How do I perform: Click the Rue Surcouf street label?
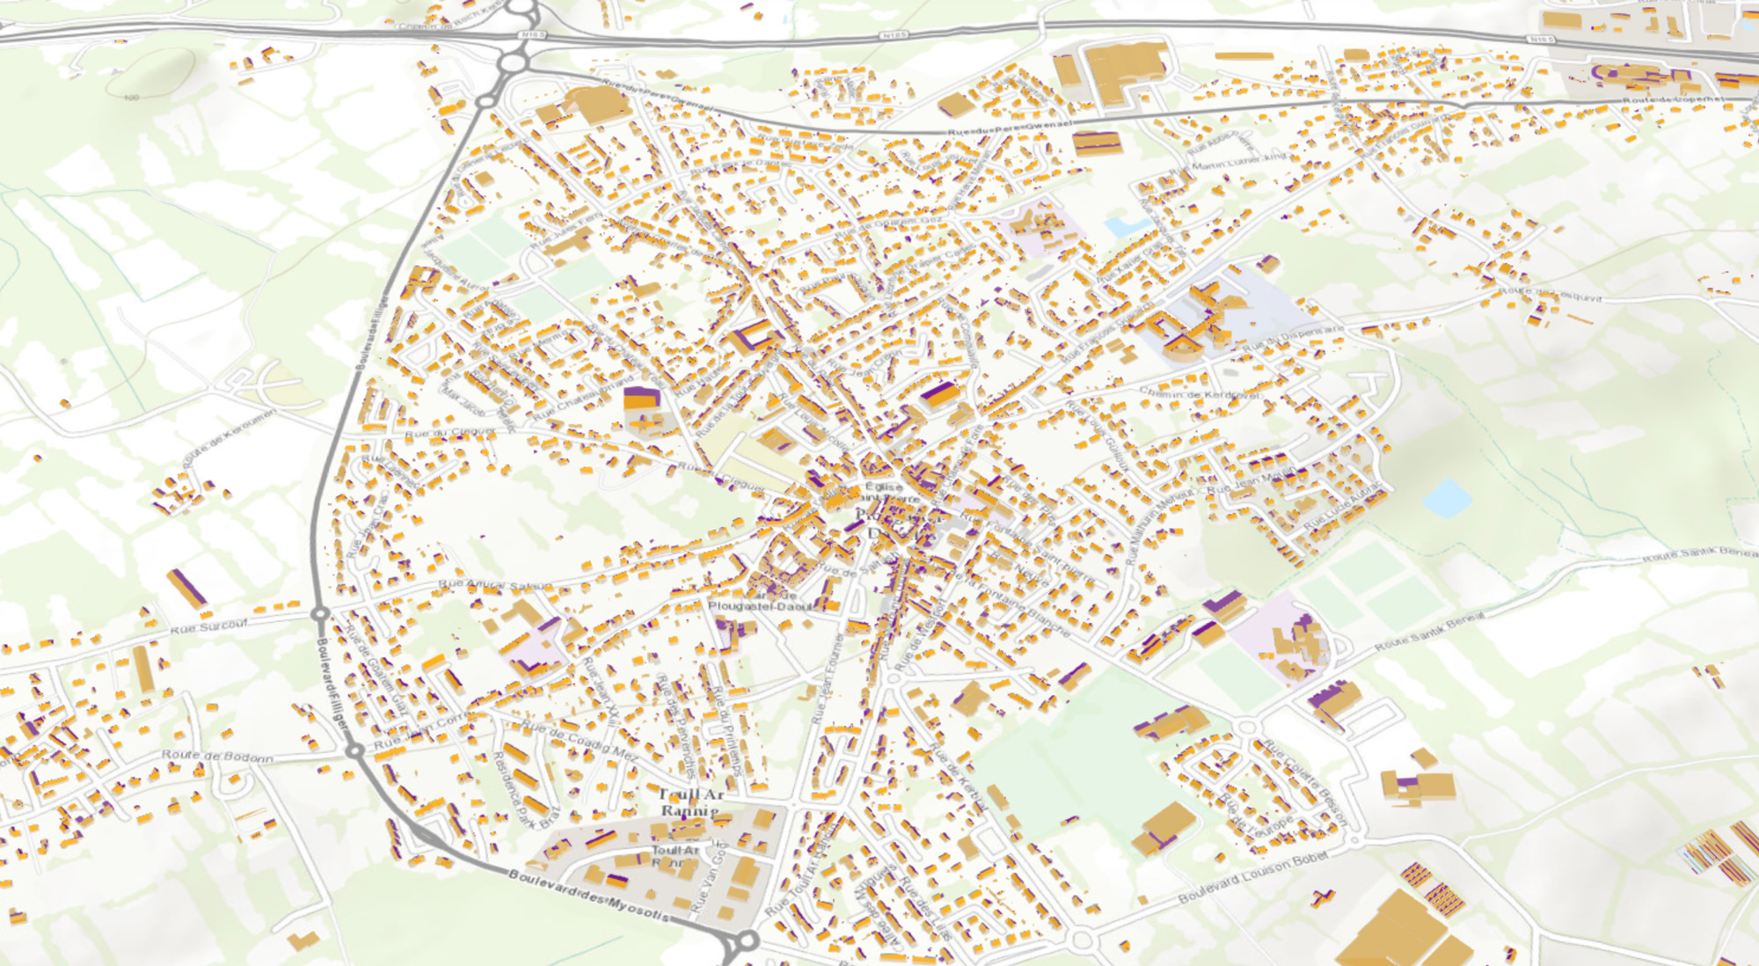[x=208, y=626]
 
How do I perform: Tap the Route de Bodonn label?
[x=216, y=756]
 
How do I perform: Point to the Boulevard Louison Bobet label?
[x=1252, y=878]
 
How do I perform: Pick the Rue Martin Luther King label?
[x=1228, y=163]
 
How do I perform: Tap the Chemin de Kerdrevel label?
[x=1200, y=393]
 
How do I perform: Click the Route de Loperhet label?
[x=1673, y=100]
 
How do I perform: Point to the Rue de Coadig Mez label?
[x=580, y=740]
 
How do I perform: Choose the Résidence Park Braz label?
[x=525, y=786]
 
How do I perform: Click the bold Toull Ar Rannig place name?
[x=691, y=801]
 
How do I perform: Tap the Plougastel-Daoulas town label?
[x=763, y=606]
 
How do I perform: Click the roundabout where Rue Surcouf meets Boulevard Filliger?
[x=320, y=613]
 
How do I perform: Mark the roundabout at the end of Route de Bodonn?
[x=354, y=750]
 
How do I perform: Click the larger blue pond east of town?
[x=1446, y=497]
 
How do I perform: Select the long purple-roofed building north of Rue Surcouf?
[x=187, y=589]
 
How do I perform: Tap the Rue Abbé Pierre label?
[x=1210, y=143]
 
